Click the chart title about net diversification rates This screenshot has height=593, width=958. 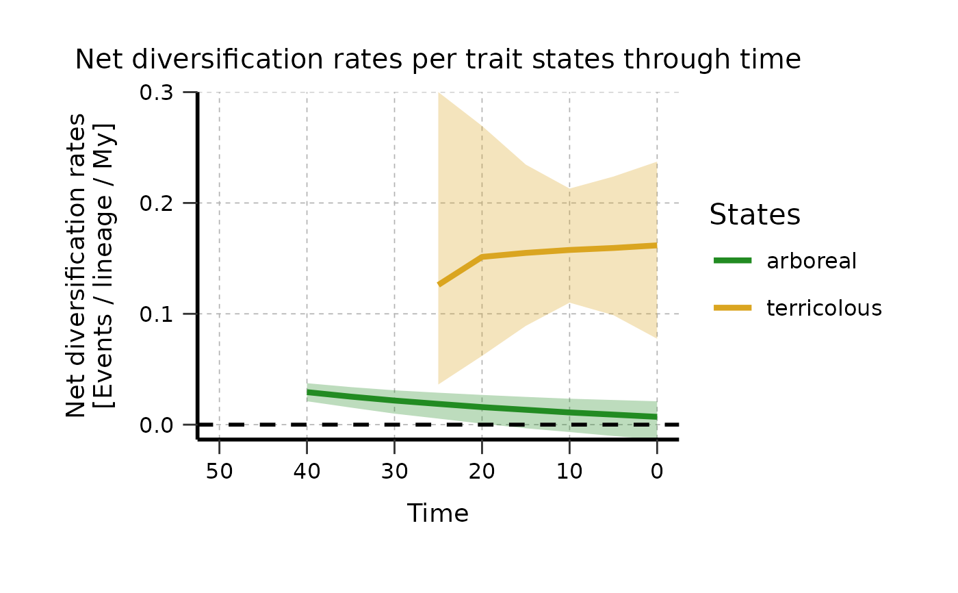(x=437, y=60)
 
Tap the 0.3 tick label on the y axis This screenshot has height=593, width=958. (x=157, y=92)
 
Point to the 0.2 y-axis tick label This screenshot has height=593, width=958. (x=157, y=203)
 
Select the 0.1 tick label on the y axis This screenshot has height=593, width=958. (x=157, y=314)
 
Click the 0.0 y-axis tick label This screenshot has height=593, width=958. (x=157, y=425)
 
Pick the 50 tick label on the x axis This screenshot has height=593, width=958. (x=219, y=472)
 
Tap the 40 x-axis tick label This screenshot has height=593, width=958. (x=307, y=472)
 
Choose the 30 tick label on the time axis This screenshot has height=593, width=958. (x=394, y=472)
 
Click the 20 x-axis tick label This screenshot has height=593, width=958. (x=482, y=472)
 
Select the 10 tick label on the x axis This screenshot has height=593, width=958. (x=569, y=472)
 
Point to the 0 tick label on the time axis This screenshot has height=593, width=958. (x=657, y=472)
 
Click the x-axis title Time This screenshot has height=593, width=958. (x=438, y=514)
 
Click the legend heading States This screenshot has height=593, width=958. (x=755, y=215)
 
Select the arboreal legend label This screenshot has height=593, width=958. (x=812, y=261)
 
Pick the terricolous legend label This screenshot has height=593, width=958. (x=824, y=308)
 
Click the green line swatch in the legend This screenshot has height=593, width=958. (x=733, y=260)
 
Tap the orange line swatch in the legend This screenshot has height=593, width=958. (x=733, y=308)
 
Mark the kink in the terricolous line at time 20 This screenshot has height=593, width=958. (x=482, y=257)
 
